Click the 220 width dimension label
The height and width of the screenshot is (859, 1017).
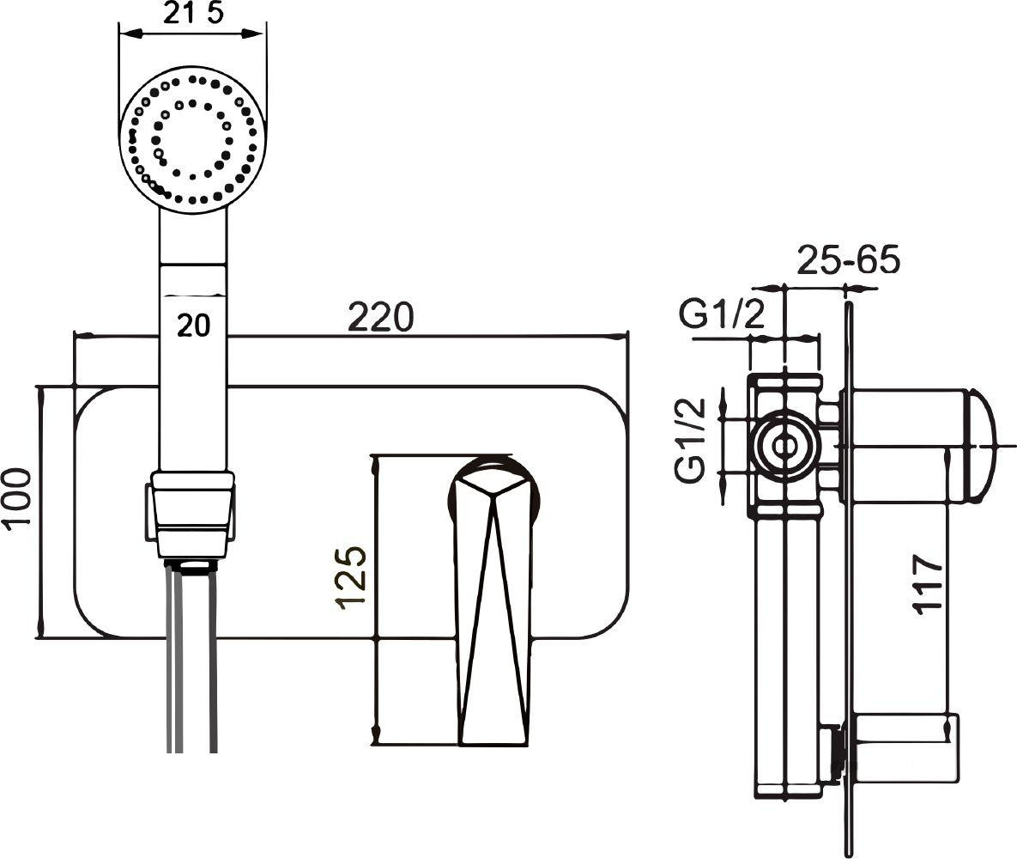click(380, 317)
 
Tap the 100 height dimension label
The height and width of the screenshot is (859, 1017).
click(17, 498)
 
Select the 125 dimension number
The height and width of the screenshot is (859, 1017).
click(352, 578)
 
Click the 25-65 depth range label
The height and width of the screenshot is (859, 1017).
click(849, 259)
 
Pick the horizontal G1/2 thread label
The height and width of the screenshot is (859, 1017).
click(722, 317)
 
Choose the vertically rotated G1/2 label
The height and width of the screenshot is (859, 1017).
click(690, 440)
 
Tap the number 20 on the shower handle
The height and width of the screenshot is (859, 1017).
click(194, 325)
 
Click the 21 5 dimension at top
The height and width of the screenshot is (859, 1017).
click(192, 14)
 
